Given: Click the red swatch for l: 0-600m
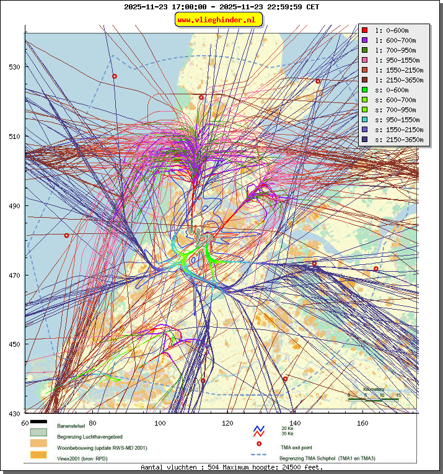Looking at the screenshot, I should click(365, 30).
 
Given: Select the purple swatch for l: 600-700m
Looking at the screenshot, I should click(365, 40).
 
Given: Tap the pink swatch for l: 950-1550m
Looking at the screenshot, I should click(365, 60).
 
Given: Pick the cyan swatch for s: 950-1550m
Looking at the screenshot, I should click(365, 120).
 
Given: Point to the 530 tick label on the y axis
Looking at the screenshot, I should click(14, 67).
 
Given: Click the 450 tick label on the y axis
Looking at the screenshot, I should click(14, 344).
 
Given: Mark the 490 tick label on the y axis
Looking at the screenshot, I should click(14, 206).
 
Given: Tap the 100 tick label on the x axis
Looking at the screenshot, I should click(160, 423).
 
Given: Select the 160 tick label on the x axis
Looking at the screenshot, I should click(363, 423).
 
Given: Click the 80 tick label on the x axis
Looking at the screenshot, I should click(93, 423).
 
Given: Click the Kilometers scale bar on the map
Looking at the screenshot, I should click(373, 400).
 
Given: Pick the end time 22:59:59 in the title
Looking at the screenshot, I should click(281, 7).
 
